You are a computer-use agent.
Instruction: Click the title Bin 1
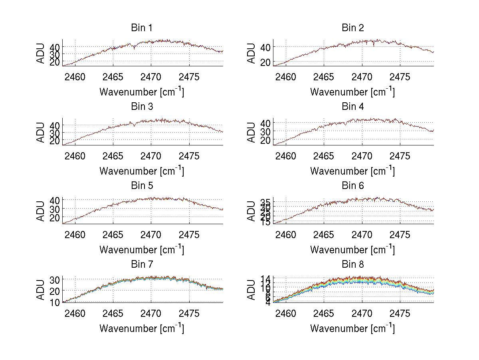142,28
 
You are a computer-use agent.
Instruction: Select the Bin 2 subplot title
352,28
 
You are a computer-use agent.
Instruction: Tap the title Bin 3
142,107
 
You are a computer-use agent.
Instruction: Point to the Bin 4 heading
352,107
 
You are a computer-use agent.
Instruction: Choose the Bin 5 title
142,186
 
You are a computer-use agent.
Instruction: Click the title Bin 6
352,186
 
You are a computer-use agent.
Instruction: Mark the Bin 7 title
142,265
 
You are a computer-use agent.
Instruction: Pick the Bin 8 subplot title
352,265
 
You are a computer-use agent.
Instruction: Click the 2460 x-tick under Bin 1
75,77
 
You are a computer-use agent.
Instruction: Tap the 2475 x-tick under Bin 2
400,77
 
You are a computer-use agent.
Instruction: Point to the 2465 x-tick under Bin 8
324,314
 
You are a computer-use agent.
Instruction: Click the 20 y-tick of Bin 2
265,62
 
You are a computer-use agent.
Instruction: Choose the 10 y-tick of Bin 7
55,302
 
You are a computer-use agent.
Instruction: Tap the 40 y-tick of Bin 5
55,200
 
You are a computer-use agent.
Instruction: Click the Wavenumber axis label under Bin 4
352,171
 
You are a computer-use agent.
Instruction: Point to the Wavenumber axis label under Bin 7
142,328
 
